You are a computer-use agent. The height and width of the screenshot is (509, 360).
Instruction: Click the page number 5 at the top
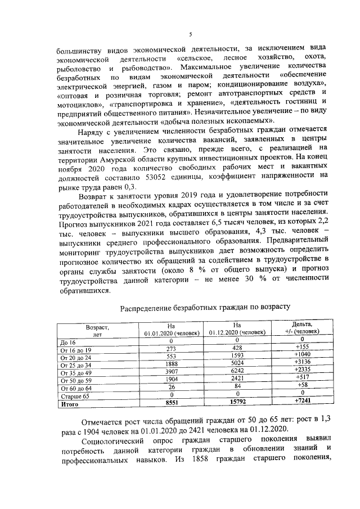pyautogui.click(x=190, y=34)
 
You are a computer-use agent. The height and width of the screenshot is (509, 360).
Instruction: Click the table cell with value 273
pyautogui.click(x=165, y=349)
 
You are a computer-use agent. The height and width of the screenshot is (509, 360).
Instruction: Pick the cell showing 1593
pyautogui.click(x=237, y=357)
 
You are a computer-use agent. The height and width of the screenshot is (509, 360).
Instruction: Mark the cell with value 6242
pyautogui.click(x=237, y=372)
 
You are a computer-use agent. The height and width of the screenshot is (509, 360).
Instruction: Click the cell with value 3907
pyautogui.click(x=165, y=372)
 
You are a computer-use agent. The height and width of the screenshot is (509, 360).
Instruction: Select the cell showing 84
pyautogui.click(x=237, y=388)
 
